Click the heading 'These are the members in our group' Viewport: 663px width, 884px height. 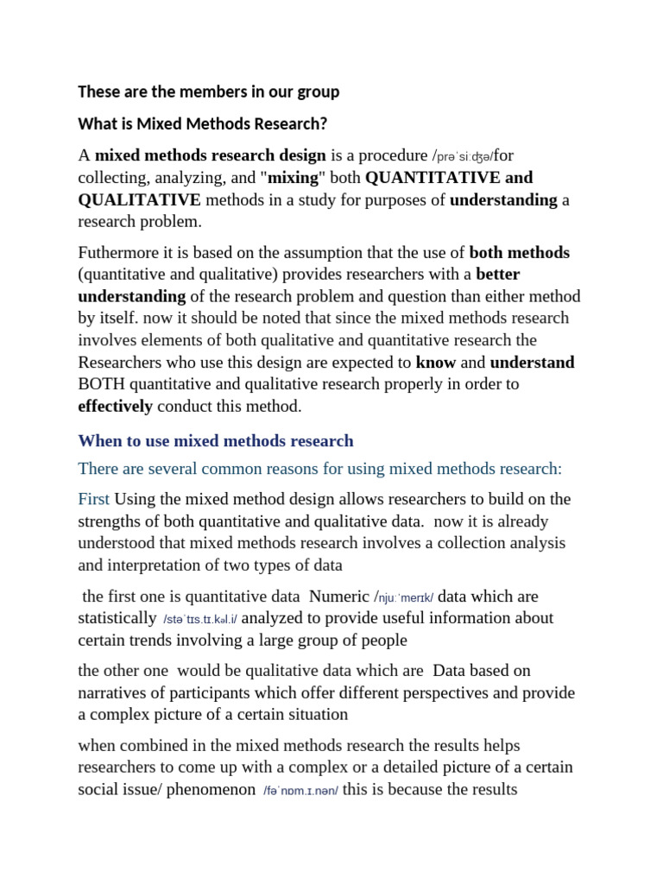208,92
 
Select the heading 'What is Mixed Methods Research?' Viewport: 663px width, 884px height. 203,123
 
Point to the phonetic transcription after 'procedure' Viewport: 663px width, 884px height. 464,157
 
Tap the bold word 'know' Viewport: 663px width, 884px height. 435,363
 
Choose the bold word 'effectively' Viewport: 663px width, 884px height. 115,406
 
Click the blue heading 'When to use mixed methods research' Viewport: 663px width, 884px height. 216,441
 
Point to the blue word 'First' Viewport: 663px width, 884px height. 94,500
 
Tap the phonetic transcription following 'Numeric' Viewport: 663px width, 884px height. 406,597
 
